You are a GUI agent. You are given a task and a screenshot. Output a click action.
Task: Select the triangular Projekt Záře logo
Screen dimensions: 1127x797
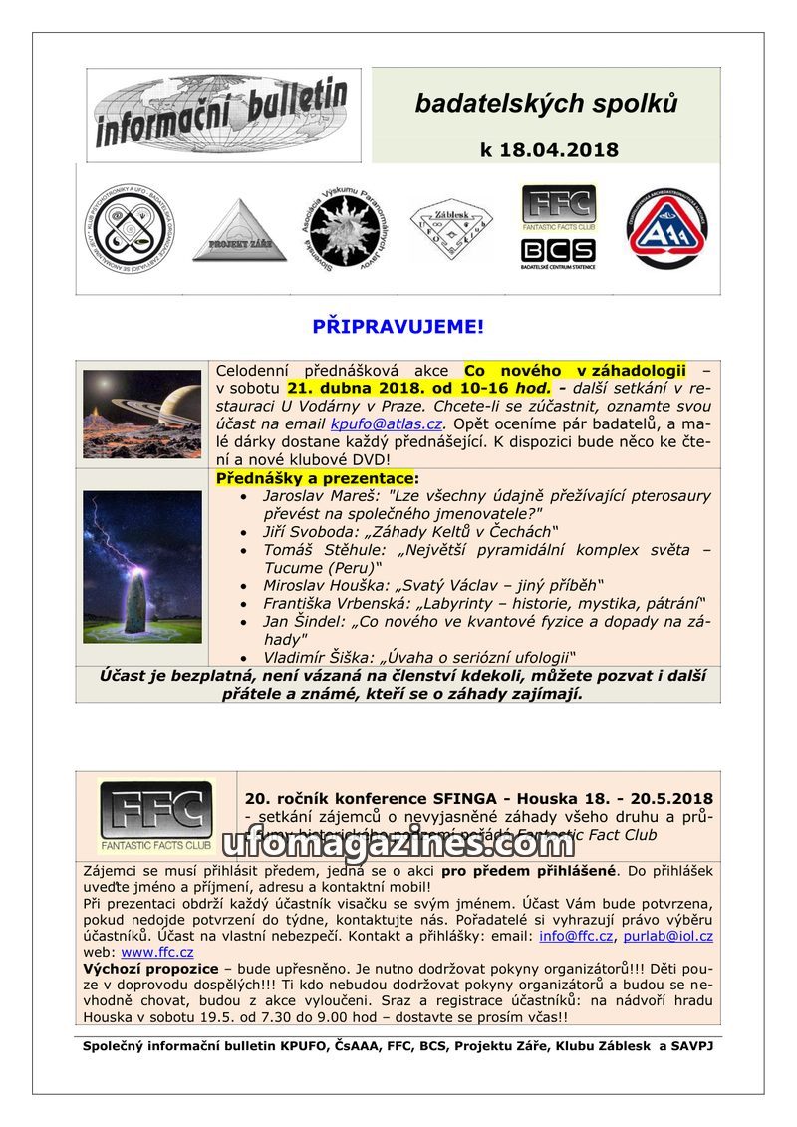[239, 231]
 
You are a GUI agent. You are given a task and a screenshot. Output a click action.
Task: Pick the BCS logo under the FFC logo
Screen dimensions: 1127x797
[558, 252]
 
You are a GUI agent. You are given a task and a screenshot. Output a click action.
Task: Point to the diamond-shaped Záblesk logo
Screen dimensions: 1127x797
[451, 229]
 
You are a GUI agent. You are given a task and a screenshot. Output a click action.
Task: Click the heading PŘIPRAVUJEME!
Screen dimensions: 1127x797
[398, 327]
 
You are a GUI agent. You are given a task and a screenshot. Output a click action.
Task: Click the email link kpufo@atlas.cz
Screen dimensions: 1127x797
[386, 424]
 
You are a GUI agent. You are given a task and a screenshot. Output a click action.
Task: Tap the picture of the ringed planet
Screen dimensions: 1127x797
[142, 414]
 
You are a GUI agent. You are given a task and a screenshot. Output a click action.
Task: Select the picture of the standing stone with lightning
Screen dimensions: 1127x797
[142, 566]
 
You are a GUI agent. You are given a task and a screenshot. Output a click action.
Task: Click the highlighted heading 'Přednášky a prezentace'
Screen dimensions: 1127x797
[317, 478]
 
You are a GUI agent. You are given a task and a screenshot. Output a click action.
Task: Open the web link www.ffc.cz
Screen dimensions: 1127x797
[157, 952]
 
